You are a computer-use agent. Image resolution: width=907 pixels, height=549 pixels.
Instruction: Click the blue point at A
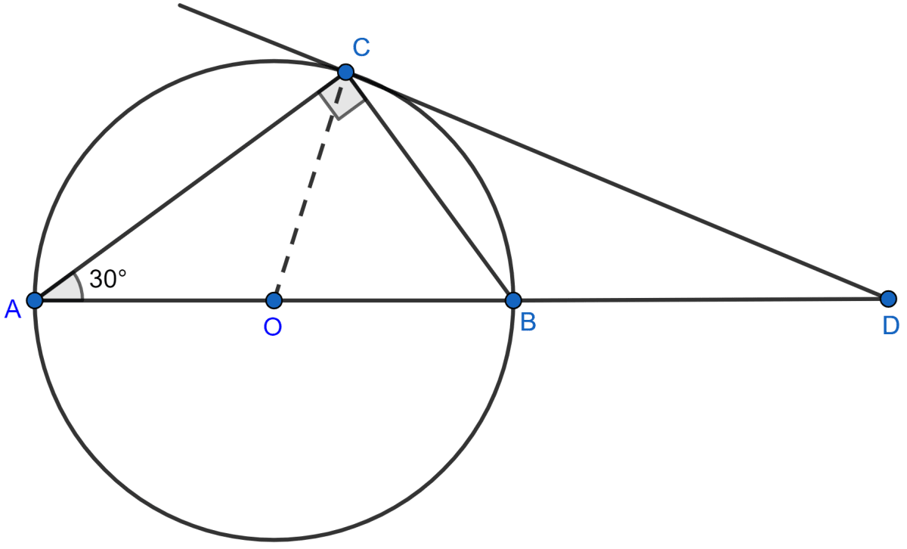[34, 300]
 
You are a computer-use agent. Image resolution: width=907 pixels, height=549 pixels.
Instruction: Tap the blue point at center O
[274, 300]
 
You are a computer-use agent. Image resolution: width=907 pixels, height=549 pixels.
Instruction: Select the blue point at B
[512, 300]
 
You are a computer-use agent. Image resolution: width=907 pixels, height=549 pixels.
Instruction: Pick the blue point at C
[345, 72]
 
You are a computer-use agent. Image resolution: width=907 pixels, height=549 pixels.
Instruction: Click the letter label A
[13, 308]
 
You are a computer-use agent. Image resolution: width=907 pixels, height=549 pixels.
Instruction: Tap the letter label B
[528, 323]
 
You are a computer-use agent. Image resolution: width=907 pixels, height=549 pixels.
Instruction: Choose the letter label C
[361, 48]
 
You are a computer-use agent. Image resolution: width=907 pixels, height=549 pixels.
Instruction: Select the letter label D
[890, 325]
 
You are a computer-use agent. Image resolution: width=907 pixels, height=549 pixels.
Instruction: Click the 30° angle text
[107, 279]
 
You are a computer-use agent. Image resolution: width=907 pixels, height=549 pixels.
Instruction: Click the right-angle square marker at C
[341, 99]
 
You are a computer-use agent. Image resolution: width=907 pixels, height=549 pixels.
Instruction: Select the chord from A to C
[189, 186]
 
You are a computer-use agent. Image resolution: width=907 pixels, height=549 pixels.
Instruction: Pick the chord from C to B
[429, 186]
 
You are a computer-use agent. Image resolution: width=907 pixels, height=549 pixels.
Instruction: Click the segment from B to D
[699, 299]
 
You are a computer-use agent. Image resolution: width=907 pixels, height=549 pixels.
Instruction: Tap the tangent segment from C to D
[616, 185]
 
